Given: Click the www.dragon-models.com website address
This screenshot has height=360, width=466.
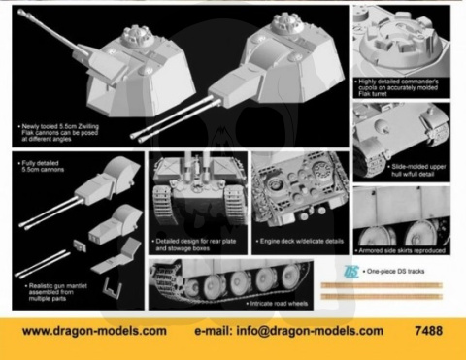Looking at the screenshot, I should coord(94,331).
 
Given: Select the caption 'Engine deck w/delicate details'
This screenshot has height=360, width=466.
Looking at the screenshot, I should coord(298,239).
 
